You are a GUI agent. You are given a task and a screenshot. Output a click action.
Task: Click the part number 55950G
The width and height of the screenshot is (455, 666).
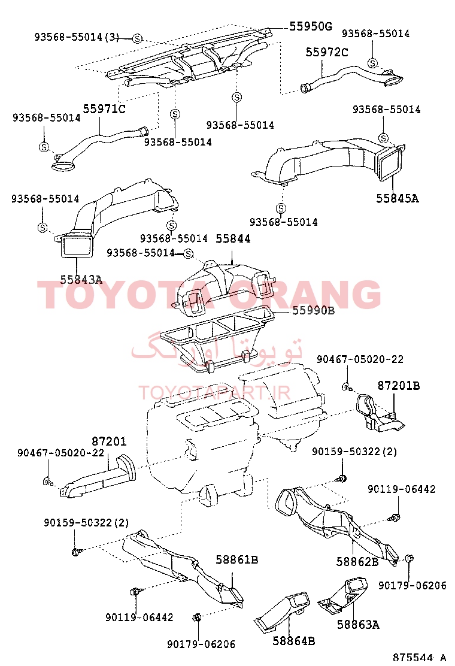(311, 26)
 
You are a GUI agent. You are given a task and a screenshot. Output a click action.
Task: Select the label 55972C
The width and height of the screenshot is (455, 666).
(327, 52)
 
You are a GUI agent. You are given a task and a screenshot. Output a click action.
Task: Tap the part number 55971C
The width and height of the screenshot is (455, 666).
(104, 109)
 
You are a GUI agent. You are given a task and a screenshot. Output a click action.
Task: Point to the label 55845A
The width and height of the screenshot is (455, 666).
(398, 198)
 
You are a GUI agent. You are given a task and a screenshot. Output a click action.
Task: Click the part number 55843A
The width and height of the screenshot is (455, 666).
(81, 280)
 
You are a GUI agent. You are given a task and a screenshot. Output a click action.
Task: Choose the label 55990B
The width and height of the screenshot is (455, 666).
(313, 310)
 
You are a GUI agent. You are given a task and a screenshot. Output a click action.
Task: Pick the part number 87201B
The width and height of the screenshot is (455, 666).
(399, 386)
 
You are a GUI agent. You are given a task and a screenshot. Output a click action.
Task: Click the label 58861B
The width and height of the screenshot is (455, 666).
(237, 560)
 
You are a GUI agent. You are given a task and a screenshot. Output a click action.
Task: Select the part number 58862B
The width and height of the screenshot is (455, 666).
(357, 562)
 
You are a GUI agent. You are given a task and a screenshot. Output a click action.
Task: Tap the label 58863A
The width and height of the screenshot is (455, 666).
(358, 625)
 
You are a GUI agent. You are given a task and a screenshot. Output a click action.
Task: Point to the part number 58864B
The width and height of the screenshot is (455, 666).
(294, 641)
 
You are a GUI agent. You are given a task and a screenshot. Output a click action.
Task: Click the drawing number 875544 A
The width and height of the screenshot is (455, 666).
(419, 658)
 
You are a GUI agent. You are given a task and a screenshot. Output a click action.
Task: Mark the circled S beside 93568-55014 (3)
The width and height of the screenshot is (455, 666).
(136, 39)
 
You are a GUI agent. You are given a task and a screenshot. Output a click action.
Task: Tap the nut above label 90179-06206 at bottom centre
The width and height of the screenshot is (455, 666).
(196, 617)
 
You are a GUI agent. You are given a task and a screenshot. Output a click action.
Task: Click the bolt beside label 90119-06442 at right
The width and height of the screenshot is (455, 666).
(395, 517)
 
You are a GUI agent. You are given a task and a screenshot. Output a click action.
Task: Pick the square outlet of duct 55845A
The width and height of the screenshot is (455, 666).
(391, 163)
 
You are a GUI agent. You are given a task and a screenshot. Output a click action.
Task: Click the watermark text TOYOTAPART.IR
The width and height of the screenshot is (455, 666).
(214, 393)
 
